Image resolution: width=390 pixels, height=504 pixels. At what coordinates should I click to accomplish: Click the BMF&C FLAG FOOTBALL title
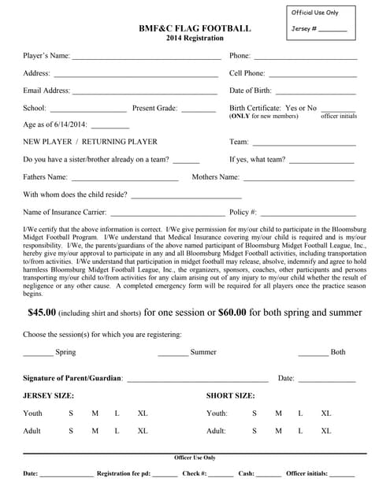[x=195, y=28]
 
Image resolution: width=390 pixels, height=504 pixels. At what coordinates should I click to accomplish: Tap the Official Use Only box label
[x=314, y=13]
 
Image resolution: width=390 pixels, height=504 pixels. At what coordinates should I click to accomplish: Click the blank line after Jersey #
[x=333, y=30]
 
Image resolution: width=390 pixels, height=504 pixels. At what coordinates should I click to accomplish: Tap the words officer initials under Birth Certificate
[x=339, y=117]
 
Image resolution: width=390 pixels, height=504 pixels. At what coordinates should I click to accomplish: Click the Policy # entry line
[x=308, y=213]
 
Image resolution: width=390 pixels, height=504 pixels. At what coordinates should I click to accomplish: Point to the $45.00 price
[x=42, y=313]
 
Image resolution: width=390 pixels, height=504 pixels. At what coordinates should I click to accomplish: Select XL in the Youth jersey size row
[x=143, y=413]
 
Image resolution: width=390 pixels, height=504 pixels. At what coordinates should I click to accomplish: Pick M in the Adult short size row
[x=278, y=432]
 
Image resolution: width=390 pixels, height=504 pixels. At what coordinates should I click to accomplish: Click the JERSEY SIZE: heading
[x=48, y=395]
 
